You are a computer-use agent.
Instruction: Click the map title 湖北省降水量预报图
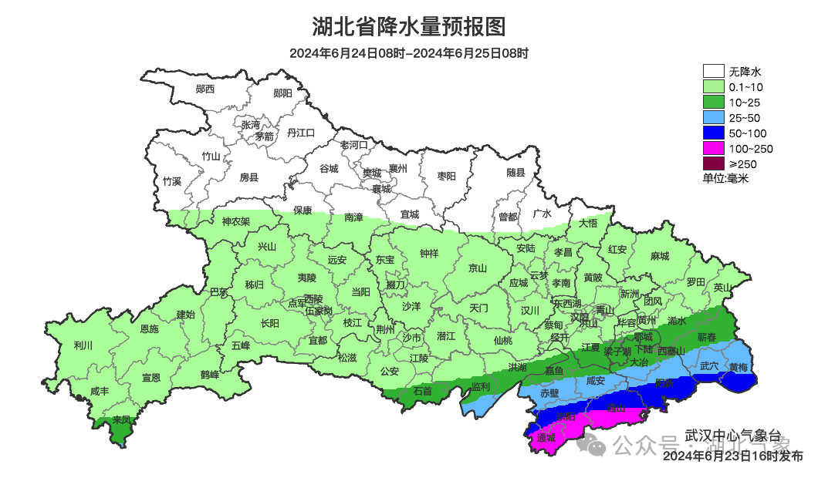pos(409,27)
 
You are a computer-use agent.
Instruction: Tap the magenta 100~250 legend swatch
pos(714,148)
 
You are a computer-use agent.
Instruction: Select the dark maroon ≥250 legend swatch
pos(714,163)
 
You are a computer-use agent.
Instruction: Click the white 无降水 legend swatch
pos(714,72)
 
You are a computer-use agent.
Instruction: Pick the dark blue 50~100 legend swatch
pos(714,133)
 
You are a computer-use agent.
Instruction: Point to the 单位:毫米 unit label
pos(726,179)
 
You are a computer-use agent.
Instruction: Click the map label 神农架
pos(236,222)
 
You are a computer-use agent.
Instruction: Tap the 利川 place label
pos(83,345)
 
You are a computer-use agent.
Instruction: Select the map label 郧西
pos(205,89)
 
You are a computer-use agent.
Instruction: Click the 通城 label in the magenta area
pos(546,438)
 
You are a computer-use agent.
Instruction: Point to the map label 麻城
pos(660,256)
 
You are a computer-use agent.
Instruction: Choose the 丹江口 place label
pos(301,133)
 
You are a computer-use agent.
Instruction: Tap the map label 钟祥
pos(429,254)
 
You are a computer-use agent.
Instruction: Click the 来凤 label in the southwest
pos(121,420)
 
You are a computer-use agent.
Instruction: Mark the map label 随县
pos(515,173)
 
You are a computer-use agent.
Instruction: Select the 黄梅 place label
pos(738,367)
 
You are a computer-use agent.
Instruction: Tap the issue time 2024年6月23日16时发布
pos(733,457)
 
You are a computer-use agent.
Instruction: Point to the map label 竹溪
pos(172,182)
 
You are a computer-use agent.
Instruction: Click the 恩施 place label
pos(149,329)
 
